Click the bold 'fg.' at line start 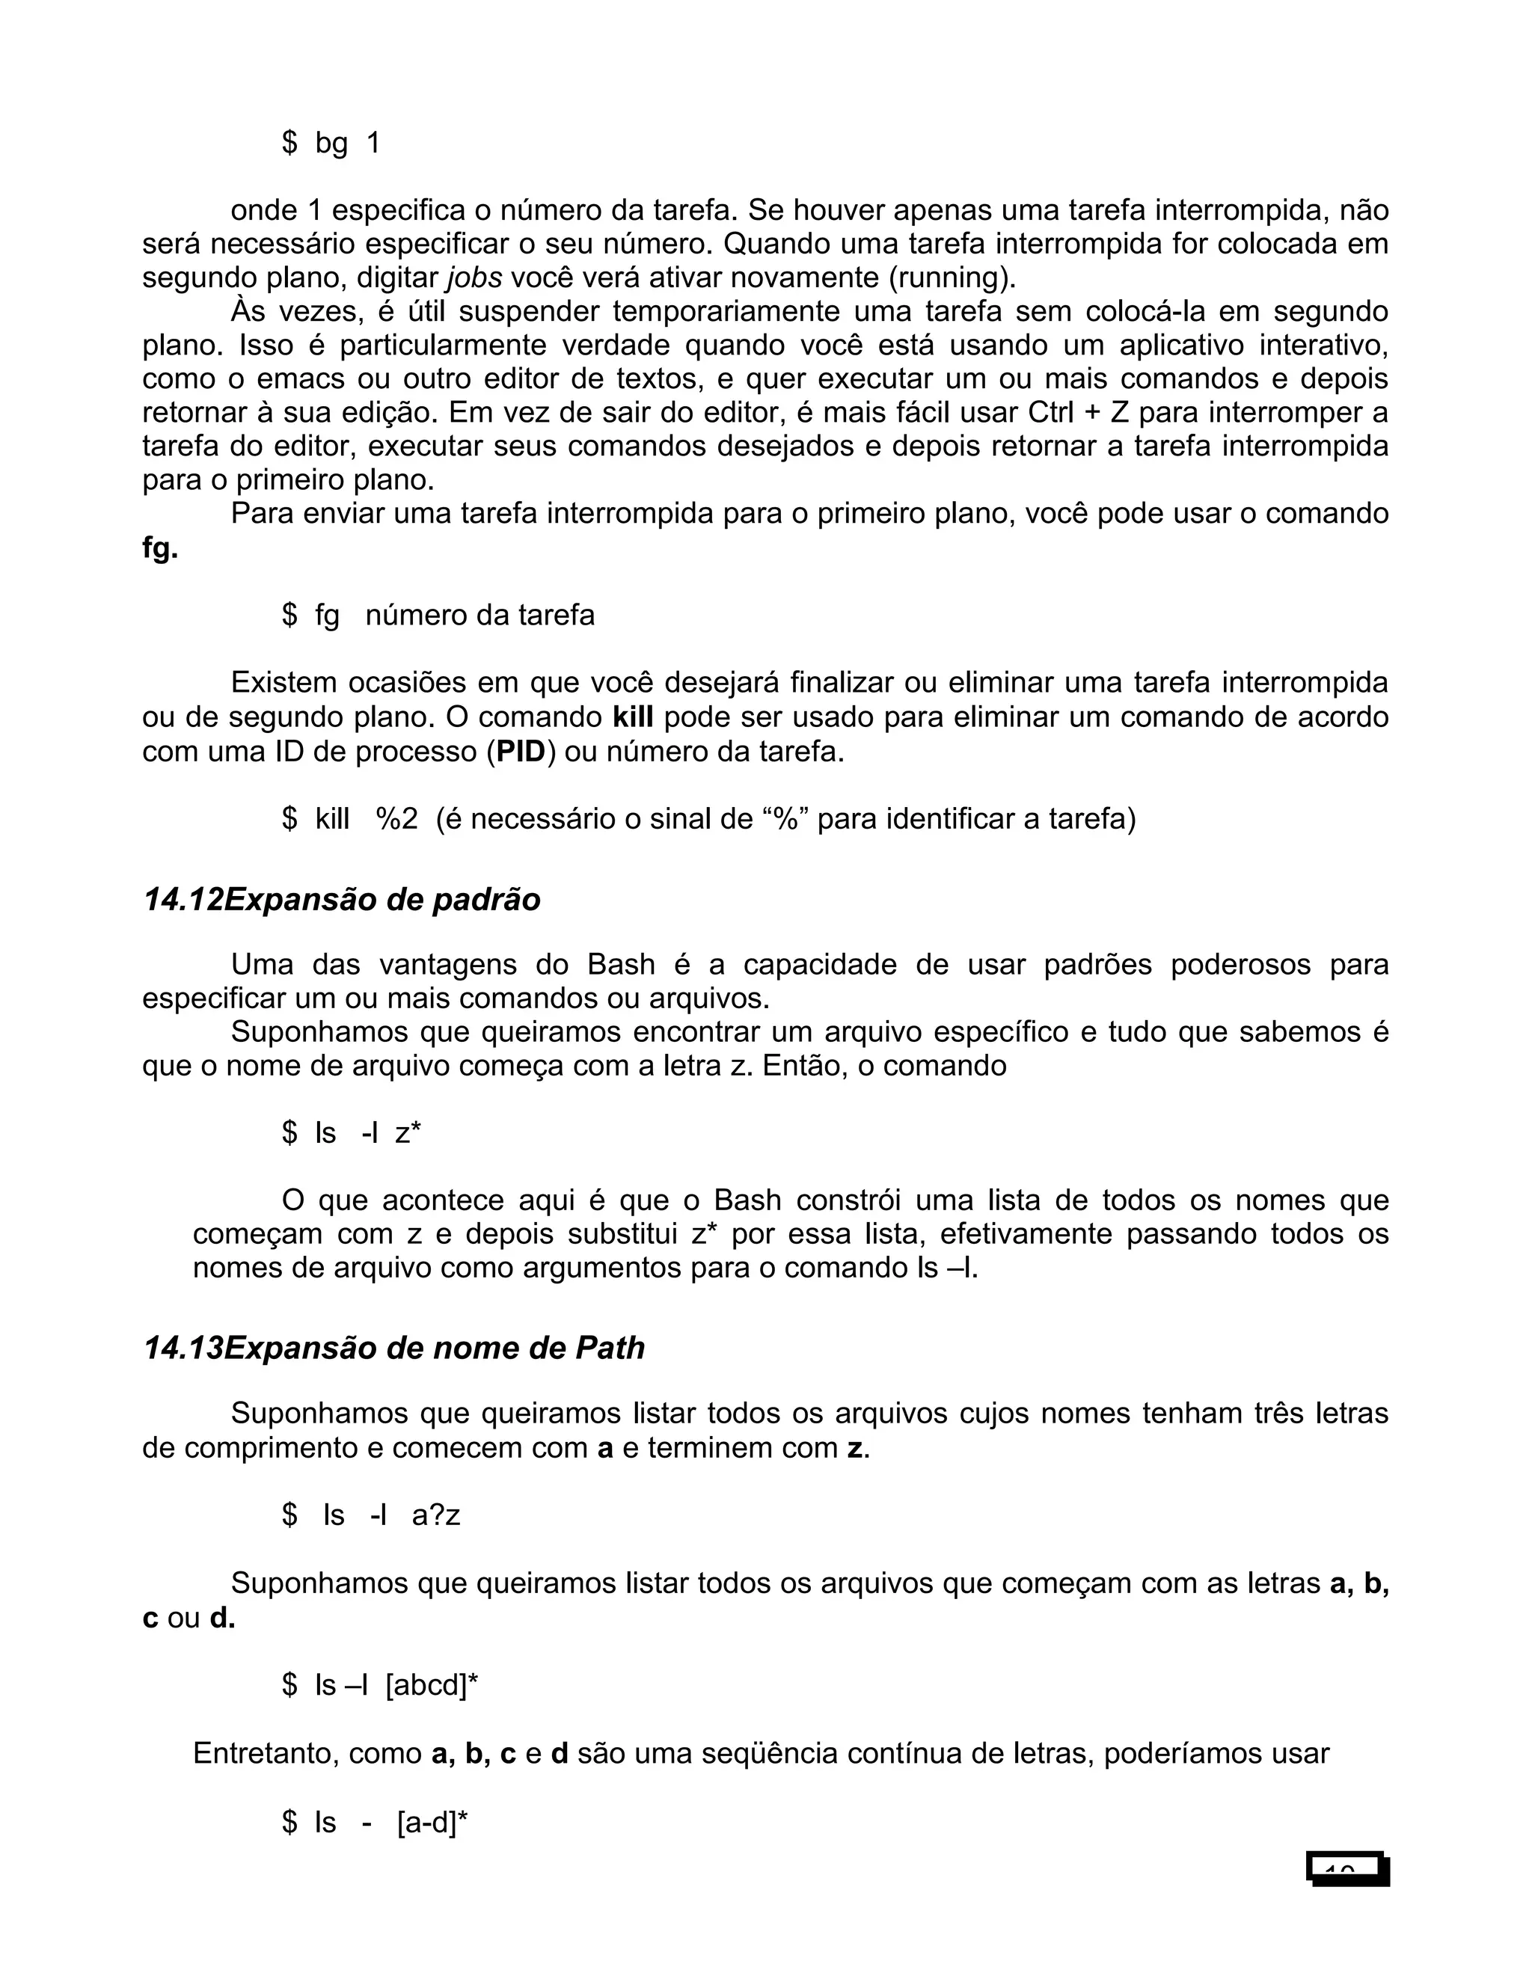click(x=160, y=548)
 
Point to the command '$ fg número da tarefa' click(x=438, y=616)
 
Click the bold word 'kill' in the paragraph click(x=633, y=717)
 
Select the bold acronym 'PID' click(x=520, y=752)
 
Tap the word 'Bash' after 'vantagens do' click(x=621, y=964)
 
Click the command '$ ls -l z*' click(x=352, y=1132)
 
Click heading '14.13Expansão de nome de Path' click(x=394, y=1348)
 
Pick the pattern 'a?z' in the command click(x=435, y=1515)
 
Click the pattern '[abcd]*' click(x=432, y=1684)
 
